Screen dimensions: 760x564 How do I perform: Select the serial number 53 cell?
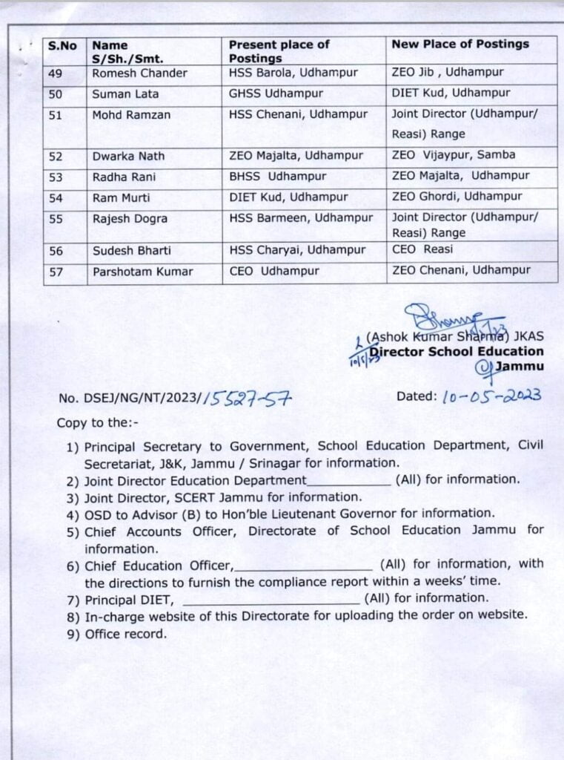[56, 177]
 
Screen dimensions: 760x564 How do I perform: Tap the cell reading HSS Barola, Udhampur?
[293, 73]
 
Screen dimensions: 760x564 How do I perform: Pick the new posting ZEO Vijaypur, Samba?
[453, 155]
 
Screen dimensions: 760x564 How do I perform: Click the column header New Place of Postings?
[460, 45]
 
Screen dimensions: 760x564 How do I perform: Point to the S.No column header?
[62, 45]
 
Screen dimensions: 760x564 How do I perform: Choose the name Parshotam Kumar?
[142, 272]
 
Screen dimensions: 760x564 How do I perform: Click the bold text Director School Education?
[457, 352]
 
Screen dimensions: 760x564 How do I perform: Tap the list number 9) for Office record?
[73, 634]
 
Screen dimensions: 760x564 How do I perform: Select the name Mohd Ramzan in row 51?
[130, 115]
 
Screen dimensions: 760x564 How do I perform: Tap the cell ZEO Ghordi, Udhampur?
[457, 197]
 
